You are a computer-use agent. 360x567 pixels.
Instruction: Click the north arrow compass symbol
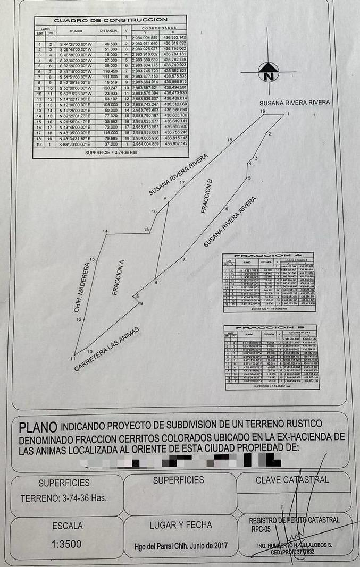269,72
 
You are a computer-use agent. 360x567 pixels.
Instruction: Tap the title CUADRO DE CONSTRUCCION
111,20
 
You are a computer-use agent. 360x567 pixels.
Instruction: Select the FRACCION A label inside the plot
118,277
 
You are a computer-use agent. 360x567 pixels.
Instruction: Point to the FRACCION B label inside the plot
207,196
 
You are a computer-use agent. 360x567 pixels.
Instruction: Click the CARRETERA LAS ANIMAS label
107,349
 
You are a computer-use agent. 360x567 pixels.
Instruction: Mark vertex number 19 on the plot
262,111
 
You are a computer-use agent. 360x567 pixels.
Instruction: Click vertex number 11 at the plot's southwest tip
73,359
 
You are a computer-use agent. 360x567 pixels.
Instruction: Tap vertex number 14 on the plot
105,231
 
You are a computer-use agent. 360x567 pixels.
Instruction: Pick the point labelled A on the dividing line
165,198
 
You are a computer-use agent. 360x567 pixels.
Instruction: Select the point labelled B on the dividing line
156,282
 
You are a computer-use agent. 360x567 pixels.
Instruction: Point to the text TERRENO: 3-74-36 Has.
63,499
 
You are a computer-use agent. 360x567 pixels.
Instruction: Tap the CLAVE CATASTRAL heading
292,480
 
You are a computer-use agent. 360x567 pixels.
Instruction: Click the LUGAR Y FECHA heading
180,525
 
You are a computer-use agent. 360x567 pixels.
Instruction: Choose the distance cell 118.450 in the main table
111,71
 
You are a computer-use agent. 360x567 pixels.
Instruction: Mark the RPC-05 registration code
259,529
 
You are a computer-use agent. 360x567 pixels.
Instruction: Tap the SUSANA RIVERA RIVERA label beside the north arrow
295,102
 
